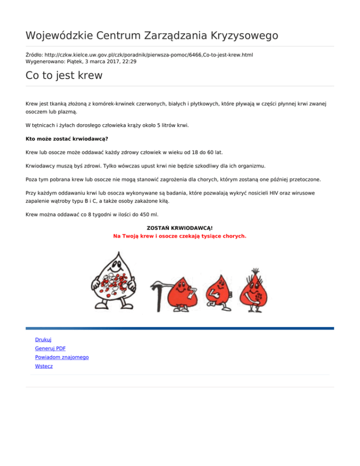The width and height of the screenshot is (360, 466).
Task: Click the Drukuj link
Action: coord(43,339)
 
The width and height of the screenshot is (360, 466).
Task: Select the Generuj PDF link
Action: coord(50,348)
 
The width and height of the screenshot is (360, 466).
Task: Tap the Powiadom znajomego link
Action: coord(62,357)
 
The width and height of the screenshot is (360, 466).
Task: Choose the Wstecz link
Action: coord(44,366)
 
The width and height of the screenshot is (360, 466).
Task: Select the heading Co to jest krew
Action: coord(64,75)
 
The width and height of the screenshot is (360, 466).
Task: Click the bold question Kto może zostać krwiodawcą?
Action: coord(67,139)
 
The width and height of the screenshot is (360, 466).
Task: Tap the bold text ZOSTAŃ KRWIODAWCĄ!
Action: coord(180,228)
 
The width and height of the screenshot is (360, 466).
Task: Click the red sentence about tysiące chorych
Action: coord(180,236)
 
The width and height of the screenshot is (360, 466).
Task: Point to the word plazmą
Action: coord(68,112)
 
